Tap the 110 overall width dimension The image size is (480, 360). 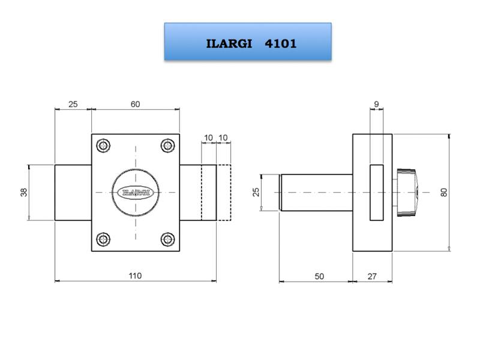click(135, 275)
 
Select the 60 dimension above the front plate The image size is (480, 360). click(135, 104)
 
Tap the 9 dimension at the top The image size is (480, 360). click(376, 104)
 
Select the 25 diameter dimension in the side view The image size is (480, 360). click(256, 192)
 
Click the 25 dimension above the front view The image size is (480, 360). click(73, 104)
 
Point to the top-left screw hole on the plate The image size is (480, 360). click(105, 146)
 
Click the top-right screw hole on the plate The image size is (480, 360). click(167, 146)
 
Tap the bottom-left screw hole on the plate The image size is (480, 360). click(105, 239)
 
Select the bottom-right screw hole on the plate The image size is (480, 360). click(167, 239)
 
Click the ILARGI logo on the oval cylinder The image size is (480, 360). click(136, 192)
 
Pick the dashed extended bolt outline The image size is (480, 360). click(223, 192)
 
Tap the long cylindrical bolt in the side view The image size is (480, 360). click(317, 192)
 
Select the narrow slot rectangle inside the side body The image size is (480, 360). click(377, 192)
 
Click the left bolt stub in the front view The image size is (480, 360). click(73, 192)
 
